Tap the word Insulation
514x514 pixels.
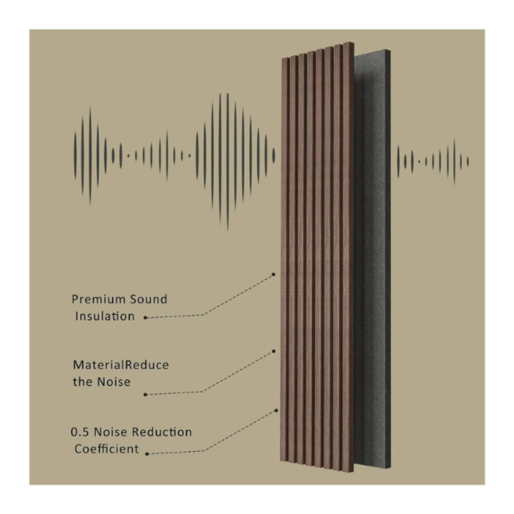coord(105,316)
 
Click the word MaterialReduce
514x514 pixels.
coord(120,365)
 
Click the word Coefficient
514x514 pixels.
coord(105,448)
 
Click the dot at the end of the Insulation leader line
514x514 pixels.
coord(145,318)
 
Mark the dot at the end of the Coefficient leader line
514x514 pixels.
coord(147,453)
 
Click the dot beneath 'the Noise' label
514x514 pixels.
coord(145,395)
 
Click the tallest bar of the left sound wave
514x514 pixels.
coord(228,161)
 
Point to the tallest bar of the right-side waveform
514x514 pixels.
coord(455,161)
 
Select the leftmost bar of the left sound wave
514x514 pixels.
coord(75,156)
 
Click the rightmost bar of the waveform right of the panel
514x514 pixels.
coord(468,161)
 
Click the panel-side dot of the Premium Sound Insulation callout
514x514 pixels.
coord(273,274)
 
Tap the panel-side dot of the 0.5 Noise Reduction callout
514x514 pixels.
coord(277,411)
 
